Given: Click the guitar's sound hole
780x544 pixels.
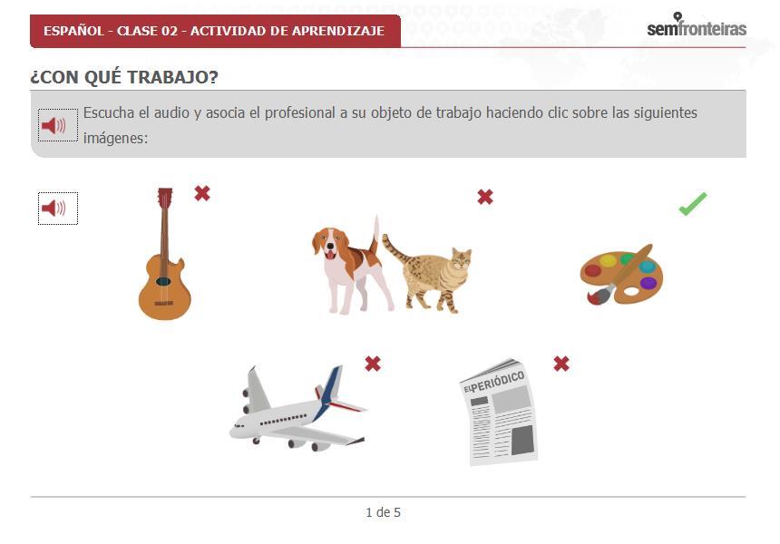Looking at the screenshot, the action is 163,281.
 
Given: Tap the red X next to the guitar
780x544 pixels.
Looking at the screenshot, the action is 202,193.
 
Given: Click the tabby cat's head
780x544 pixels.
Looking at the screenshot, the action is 461,258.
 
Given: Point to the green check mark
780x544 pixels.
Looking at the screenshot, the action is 692,204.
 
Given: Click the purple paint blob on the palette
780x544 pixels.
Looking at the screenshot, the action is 648,284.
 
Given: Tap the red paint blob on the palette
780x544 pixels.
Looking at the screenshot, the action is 592,270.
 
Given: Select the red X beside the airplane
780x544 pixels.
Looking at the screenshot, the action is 373,364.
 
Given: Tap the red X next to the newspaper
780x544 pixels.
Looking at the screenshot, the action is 561,364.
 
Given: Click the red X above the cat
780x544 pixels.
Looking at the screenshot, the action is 485,197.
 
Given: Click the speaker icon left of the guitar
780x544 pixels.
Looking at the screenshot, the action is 58,209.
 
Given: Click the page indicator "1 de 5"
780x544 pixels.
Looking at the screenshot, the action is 383,512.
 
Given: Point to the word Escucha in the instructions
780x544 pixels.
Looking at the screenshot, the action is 109,112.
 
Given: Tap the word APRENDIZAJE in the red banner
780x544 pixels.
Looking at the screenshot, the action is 338,31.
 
